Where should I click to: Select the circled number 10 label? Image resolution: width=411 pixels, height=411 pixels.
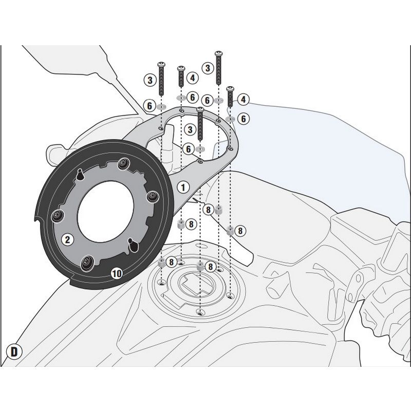[117, 273]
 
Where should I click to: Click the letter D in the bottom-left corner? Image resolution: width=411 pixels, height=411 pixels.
[15, 351]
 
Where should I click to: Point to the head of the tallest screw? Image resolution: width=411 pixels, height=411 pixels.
[218, 53]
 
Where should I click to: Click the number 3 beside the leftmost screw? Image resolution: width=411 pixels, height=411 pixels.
[150, 80]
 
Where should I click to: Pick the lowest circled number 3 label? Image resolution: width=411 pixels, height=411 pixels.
[190, 129]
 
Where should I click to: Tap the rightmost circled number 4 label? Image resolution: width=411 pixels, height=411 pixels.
[243, 99]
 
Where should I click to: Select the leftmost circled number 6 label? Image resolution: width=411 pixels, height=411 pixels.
[150, 105]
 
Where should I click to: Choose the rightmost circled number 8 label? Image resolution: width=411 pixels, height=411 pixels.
[240, 231]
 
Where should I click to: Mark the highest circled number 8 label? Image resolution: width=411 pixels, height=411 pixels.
[208, 209]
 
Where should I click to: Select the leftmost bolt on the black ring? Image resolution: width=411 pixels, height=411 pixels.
[56, 215]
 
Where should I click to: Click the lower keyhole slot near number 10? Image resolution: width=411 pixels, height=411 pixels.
[135, 246]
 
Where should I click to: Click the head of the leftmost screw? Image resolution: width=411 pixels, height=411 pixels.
[161, 64]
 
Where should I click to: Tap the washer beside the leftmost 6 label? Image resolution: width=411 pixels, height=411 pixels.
[161, 106]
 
